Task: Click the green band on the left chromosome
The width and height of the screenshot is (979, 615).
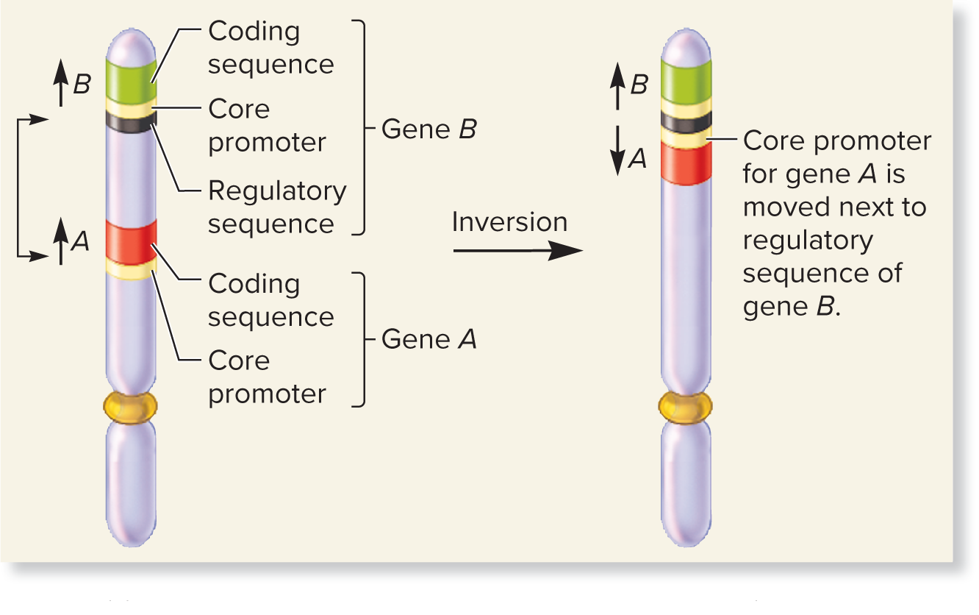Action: (x=131, y=81)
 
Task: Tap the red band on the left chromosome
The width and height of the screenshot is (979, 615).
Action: (x=131, y=241)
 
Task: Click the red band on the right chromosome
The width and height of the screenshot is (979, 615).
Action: (x=686, y=163)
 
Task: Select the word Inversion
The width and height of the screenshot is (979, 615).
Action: (x=509, y=222)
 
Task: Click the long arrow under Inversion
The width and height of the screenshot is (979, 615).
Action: (x=517, y=252)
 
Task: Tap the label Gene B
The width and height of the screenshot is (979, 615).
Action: (x=429, y=130)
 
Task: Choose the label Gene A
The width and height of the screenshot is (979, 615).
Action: (x=429, y=339)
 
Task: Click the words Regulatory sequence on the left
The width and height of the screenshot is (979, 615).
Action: (x=277, y=207)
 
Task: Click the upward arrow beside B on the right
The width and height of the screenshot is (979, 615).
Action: (x=619, y=85)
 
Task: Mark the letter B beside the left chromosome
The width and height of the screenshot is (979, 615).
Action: (x=82, y=85)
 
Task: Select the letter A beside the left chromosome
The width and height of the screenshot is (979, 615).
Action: (x=80, y=241)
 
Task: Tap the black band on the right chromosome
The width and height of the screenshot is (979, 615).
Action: (x=686, y=121)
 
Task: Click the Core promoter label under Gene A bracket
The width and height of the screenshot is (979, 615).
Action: (x=267, y=377)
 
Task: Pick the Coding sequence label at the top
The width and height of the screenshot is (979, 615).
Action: (x=270, y=48)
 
